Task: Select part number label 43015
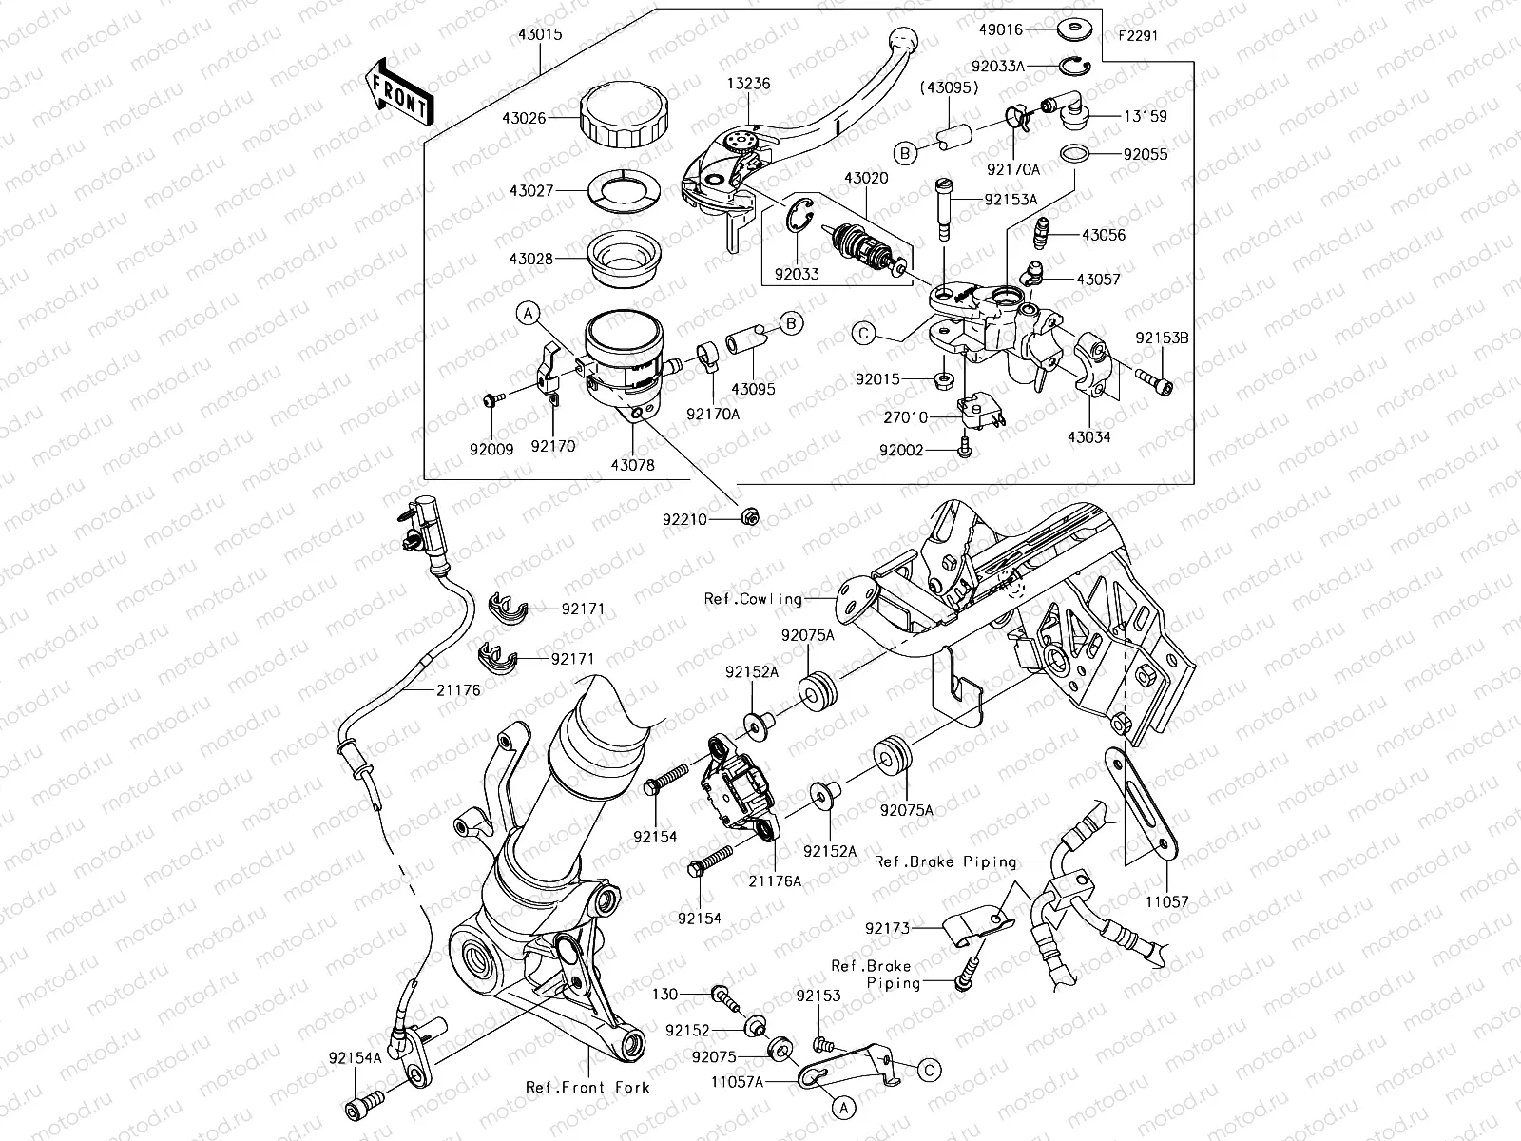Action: pos(539,35)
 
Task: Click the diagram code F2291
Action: pos(1139,36)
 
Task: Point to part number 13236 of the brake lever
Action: pos(749,84)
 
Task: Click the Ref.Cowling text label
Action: pos(753,599)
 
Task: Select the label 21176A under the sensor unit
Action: pos(775,880)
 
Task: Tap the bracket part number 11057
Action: pos(1166,900)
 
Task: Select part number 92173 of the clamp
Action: pos(887,927)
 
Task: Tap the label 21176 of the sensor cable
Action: pos(459,691)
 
